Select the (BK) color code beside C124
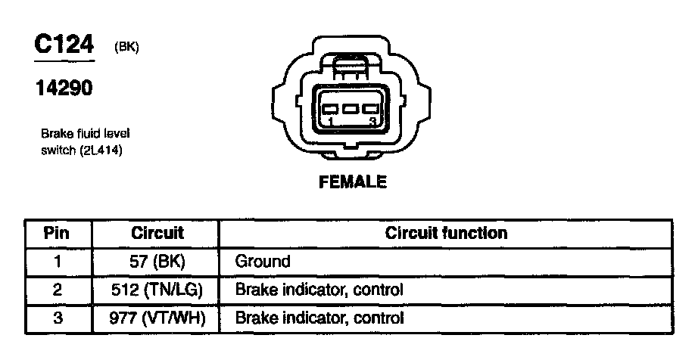(126, 47)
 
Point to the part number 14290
(64, 88)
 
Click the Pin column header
(58, 233)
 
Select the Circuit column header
(157, 233)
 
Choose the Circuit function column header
(446, 233)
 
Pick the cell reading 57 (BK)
(157, 262)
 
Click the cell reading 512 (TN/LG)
(157, 290)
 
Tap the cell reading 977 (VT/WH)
(157, 318)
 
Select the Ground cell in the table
(263, 262)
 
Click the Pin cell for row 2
(58, 290)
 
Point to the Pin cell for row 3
(58, 318)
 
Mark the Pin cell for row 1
(58, 262)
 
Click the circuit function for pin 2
(319, 290)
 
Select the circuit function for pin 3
(319, 318)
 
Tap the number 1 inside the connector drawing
(330, 121)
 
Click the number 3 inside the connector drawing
(371, 121)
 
